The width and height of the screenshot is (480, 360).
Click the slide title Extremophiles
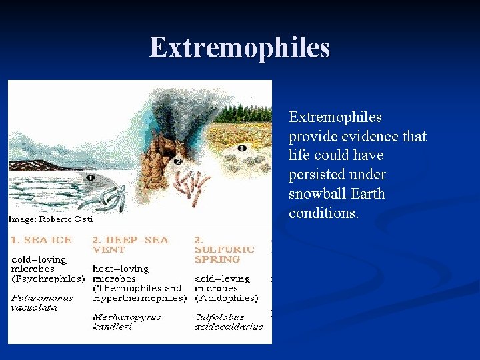[240, 47]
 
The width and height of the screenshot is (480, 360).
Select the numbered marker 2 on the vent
[178, 161]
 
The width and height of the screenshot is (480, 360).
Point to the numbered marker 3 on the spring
[241, 147]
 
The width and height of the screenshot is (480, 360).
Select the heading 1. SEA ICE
[41, 239]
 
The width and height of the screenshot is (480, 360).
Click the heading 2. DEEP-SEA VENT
[130, 244]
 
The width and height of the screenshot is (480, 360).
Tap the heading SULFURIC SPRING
[224, 254]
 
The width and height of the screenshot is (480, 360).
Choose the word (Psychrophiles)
[47, 278]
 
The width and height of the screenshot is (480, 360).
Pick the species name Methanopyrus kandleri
[127, 322]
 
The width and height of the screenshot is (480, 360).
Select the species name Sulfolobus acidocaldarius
[228, 322]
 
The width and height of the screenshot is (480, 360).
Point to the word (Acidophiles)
[226, 298]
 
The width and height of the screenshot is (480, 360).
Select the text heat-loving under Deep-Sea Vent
[121, 269]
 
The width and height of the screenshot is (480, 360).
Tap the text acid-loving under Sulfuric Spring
[222, 279]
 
